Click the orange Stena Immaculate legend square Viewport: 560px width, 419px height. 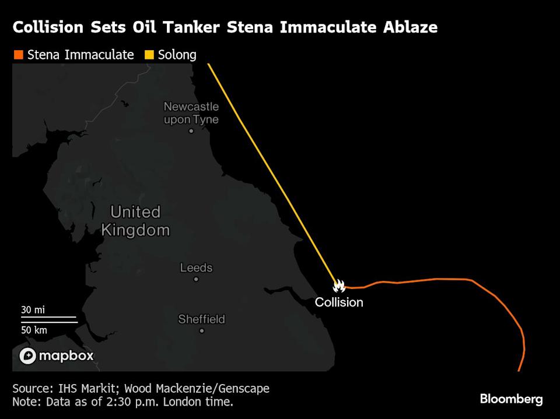click(17, 55)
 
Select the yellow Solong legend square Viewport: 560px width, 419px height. click(149, 55)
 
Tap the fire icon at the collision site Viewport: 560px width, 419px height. click(339, 286)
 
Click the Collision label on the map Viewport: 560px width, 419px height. click(339, 302)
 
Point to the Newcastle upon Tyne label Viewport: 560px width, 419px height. click(191, 113)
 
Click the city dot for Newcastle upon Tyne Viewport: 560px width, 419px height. click(191, 131)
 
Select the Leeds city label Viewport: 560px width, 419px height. click(196, 268)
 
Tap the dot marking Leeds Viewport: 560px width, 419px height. click(196, 279)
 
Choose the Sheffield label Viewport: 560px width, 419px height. click(201, 319)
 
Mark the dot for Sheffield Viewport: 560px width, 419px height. click(202, 330)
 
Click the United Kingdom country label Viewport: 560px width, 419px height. click(135, 220)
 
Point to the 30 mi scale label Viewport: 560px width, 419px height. click(33, 310)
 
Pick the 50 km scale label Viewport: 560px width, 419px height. click(34, 330)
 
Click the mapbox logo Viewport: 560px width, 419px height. click(56, 355)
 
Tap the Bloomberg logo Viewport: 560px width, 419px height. click(511, 399)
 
